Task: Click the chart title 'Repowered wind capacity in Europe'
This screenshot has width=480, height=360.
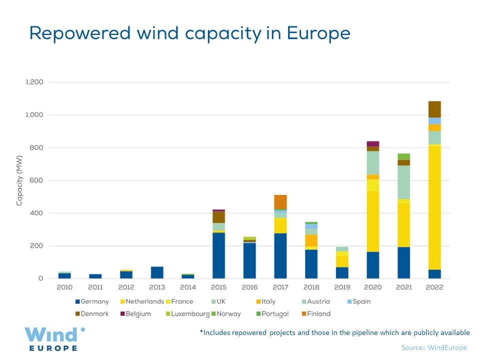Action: tap(189, 33)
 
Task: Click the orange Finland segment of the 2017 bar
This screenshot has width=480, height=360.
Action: tap(280, 202)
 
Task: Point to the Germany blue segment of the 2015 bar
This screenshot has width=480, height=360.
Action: tap(218, 255)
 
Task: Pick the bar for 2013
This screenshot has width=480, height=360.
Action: tap(157, 272)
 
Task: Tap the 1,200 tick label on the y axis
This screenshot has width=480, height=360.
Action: tap(34, 82)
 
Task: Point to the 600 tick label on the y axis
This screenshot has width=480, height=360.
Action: tap(37, 180)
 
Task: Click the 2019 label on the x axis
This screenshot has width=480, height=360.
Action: tap(342, 287)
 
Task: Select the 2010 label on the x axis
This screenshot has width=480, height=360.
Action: tap(64, 287)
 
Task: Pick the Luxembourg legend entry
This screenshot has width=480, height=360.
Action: tap(189, 314)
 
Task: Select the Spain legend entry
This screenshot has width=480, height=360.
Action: tap(358, 301)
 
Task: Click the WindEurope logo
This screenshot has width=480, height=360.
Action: tap(54, 339)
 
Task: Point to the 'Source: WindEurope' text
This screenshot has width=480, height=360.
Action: tap(433, 347)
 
